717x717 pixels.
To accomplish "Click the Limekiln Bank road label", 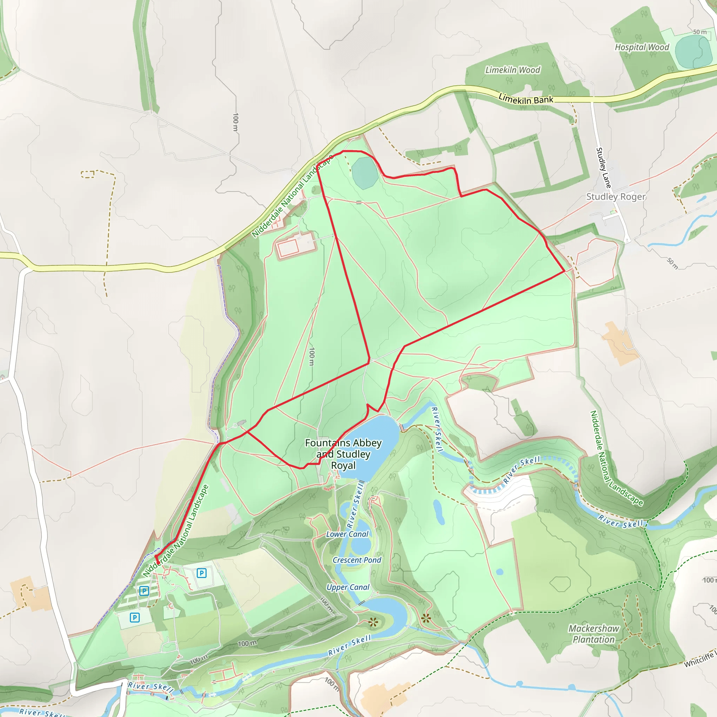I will (x=525, y=99).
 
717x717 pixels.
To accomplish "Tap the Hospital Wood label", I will (x=642, y=47).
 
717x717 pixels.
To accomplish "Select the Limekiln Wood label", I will (x=513, y=70).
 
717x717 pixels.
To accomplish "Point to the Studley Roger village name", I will (x=616, y=196).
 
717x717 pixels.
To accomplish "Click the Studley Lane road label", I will (x=603, y=168).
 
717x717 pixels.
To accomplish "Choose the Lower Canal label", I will (x=347, y=534).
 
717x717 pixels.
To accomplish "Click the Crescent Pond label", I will (x=357, y=560).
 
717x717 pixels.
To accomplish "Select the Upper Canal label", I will (x=348, y=587).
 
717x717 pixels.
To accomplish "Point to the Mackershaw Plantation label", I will (x=593, y=634).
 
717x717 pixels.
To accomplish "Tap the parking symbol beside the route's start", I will (x=201, y=573).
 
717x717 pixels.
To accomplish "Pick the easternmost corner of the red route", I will (x=564, y=271).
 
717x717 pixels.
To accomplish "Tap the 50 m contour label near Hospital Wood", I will (x=699, y=32).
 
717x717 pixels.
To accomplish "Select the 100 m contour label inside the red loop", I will (x=312, y=356).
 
